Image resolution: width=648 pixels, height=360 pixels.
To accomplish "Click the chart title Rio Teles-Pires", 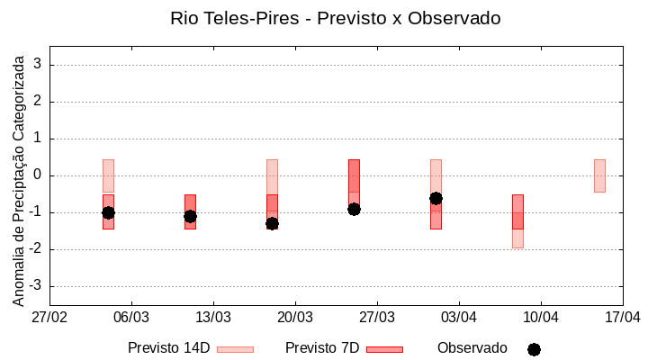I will pos(335,18).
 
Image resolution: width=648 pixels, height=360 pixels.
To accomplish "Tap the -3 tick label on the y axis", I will pos(36,286).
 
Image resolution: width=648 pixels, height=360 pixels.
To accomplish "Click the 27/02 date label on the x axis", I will pos(50,317).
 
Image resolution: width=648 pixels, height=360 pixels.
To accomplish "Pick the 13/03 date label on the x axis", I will pos(213,317).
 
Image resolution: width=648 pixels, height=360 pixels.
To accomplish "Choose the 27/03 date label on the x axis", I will pos(377,317).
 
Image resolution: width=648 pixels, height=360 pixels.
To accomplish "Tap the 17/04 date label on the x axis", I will pos(622,317).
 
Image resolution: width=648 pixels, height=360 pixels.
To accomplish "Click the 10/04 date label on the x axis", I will pos(540,317).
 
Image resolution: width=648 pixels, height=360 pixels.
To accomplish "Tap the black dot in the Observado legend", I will pos(534,349).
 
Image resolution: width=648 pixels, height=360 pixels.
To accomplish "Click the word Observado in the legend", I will pos(472,347).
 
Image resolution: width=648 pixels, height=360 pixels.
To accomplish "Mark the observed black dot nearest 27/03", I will pos(354,209).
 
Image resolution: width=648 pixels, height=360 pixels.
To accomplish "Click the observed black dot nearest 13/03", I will pos(190,216).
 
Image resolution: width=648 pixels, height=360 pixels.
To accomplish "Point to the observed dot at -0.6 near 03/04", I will pos(436,198).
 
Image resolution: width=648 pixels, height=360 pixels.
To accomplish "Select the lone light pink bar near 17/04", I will pos(599,175).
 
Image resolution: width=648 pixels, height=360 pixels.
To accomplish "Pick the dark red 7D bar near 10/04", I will pos(517,211).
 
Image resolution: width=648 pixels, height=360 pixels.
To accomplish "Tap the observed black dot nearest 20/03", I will pos(272,223).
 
